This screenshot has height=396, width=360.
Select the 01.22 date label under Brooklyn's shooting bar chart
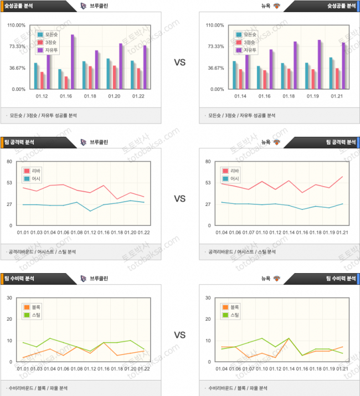coord(138,95)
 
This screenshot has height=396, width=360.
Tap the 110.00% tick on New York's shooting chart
coord(214,25)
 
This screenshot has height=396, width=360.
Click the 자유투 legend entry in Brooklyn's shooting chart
coord(51,50)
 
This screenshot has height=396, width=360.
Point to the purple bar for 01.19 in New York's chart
coord(319,64)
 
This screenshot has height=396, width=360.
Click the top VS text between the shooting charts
coord(179,63)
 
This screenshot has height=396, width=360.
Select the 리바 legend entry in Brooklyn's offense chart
coord(34,171)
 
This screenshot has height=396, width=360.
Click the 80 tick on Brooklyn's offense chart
coord(9,162)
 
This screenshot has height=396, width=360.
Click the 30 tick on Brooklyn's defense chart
coord(9,298)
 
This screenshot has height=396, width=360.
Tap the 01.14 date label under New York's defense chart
coord(289,368)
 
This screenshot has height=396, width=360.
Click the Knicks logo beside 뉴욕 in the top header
coord(277,6)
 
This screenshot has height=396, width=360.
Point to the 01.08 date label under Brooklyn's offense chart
coord(76,232)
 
